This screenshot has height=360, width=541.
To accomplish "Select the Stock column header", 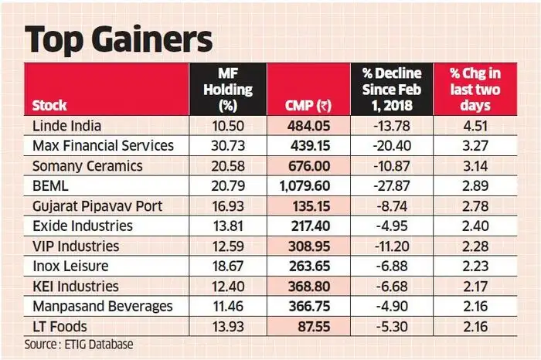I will point(49,106).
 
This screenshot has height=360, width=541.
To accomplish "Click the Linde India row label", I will point(67,125).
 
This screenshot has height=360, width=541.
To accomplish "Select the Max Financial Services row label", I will point(103,145).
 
